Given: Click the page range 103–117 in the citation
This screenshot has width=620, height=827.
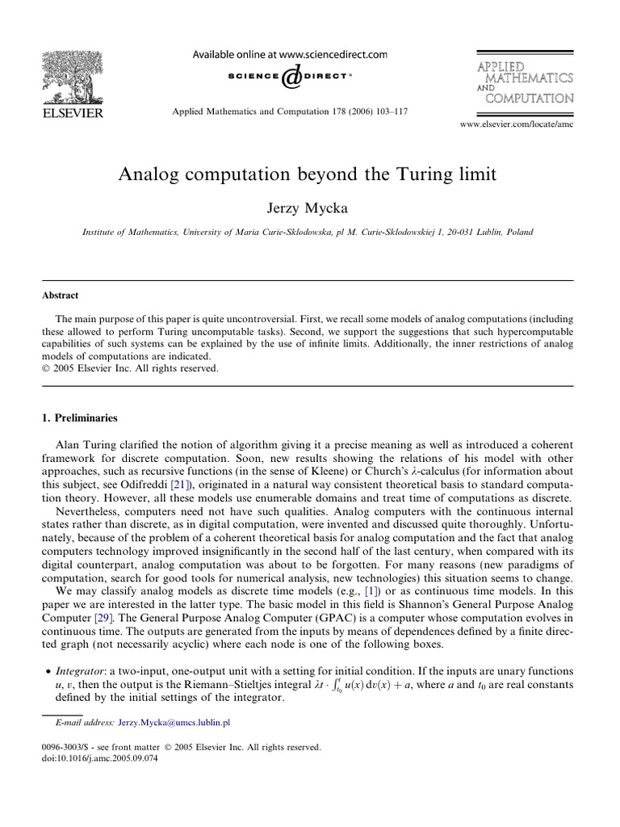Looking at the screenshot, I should [387, 111].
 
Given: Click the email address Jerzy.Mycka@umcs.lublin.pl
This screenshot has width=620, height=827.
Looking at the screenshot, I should [174, 723].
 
